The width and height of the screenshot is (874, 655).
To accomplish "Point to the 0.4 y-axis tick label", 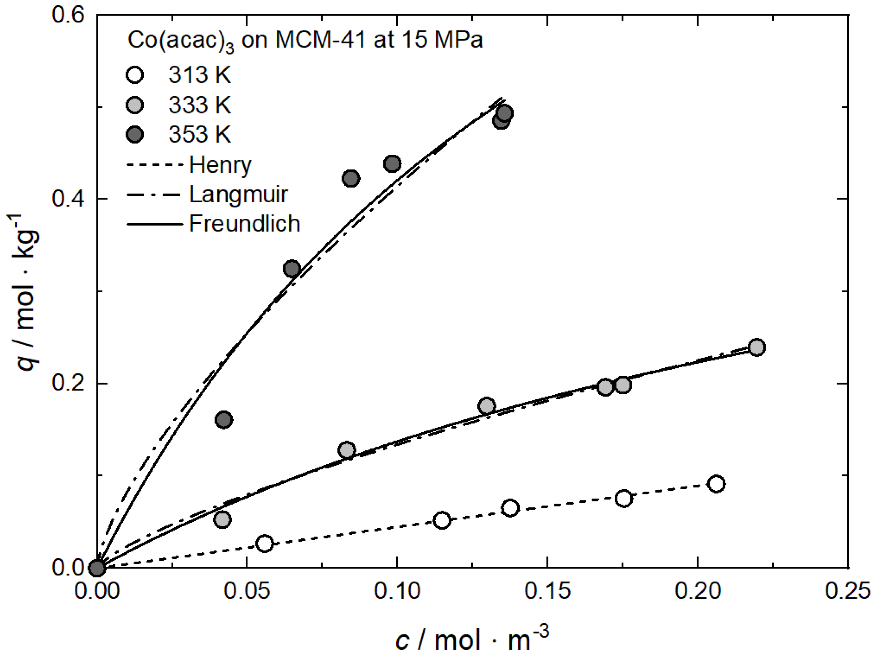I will click(68, 199).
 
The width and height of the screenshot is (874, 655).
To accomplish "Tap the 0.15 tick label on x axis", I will click(547, 591).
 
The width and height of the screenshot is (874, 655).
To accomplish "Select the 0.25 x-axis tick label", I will click(848, 591).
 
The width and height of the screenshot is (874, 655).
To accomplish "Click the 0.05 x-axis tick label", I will click(247, 591).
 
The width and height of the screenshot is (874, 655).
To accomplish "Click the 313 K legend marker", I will click(135, 75).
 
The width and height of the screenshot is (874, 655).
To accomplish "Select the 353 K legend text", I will click(200, 135).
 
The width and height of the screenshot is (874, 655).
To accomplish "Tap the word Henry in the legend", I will click(220, 165).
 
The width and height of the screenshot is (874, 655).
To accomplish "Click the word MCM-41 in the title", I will click(321, 41).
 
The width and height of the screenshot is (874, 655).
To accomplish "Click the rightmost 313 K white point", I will click(717, 484).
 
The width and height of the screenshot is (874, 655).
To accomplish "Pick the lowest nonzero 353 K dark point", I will click(224, 420).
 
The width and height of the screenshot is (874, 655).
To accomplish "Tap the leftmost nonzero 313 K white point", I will click(264, 544).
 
